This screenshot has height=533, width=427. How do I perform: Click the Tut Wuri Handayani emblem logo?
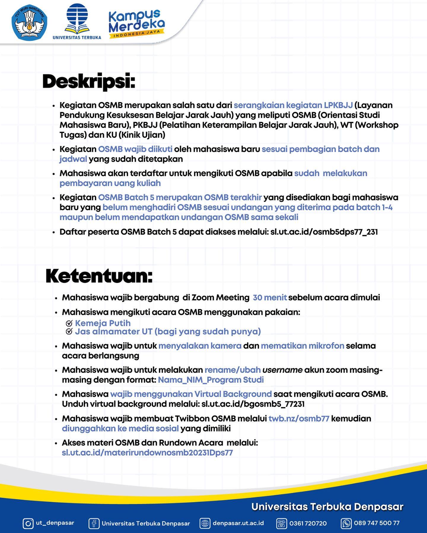[29, 23]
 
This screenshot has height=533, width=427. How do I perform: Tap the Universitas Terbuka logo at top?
[77, 21]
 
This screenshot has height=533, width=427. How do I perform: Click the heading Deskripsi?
[89, 81]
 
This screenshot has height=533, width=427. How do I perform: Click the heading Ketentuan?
[99, 276]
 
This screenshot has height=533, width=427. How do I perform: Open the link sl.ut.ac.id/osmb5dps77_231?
[324, 232]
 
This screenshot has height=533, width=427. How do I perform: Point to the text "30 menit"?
[270, 297]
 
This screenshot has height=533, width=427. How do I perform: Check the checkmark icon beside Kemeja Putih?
[69, 323]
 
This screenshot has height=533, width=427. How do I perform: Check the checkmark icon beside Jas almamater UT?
[69, 331]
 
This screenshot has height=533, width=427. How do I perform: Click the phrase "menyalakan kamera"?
[200, 346]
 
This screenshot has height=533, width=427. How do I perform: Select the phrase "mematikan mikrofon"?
[302, 346]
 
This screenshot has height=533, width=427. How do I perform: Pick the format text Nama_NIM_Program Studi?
[211, 380]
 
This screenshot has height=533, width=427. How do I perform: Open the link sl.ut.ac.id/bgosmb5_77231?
[253, 404]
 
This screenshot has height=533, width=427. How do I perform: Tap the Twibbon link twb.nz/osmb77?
[299, 418]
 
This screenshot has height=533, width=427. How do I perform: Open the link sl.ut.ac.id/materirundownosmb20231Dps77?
[147, 453]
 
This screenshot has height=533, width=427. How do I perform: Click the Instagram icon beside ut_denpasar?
[28, 523]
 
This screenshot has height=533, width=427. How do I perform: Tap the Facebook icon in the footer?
[94, 523]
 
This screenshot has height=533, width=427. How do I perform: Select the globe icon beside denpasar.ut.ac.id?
[205, 523]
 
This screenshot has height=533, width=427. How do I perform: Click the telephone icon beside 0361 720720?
[281, 523]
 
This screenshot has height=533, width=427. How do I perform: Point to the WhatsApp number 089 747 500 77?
[377, 523]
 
